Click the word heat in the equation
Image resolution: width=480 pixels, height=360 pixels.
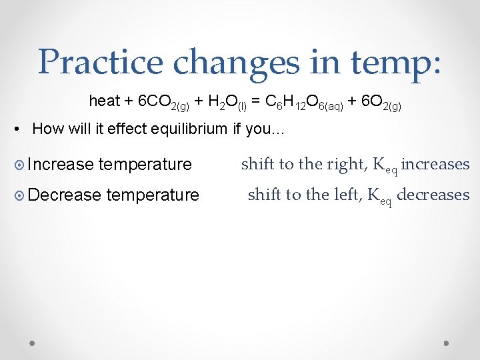click(105, 101)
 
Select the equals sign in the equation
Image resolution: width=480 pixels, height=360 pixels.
click(256, 101)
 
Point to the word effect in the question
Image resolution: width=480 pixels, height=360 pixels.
click(119, 129)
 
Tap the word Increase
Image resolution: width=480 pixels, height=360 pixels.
click(61, 164)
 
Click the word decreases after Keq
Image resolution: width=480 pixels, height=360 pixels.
click(433, 195)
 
